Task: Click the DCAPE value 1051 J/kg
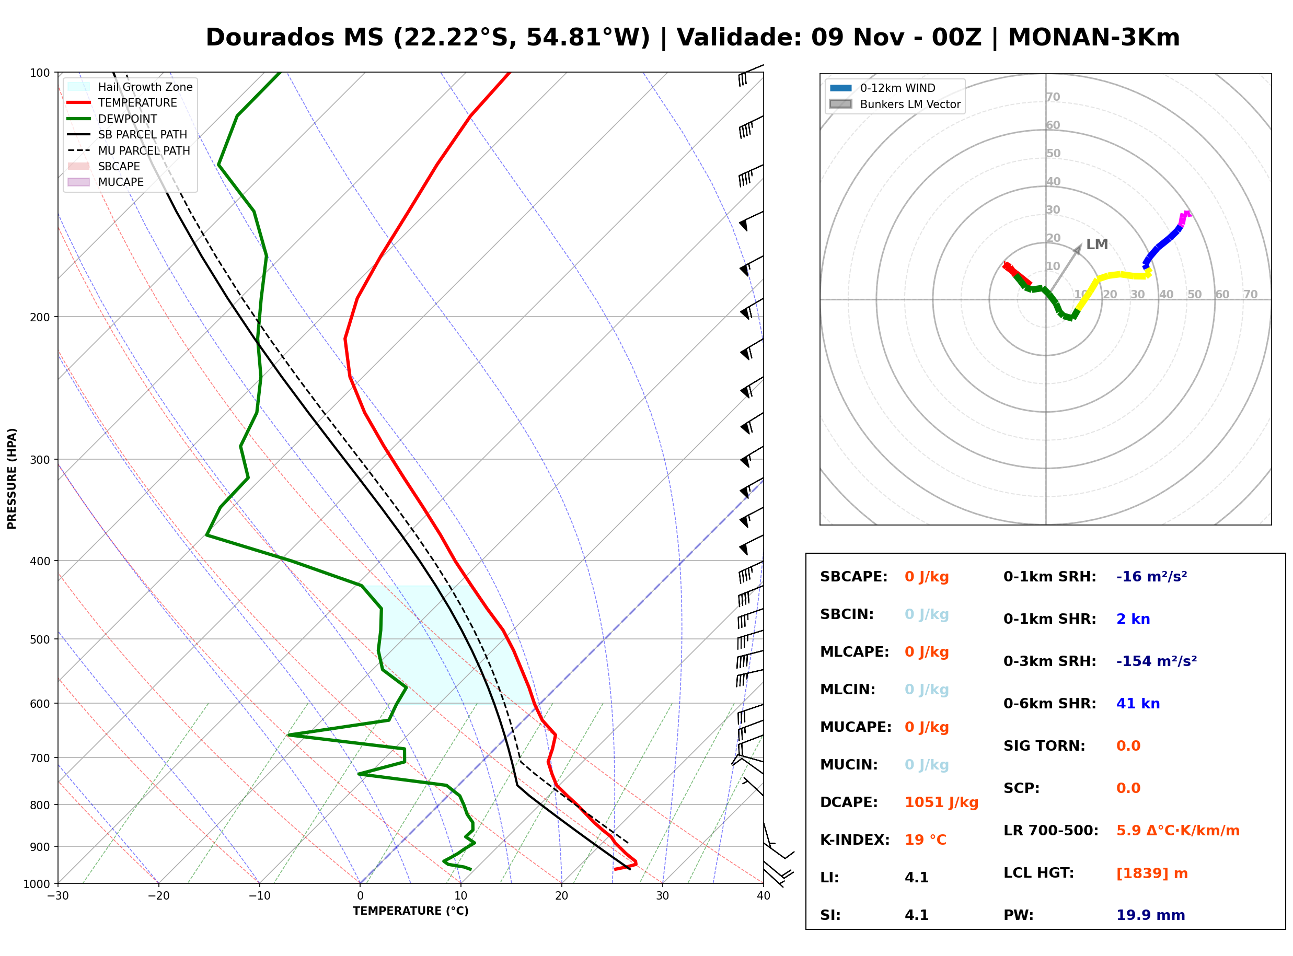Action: [x=941, y=802]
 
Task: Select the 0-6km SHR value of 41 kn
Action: [x=1138, y=704]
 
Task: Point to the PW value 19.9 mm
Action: [x=1151, y=915]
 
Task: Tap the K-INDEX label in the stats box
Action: [x=855, y=840]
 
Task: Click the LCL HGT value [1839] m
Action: [x=1152, y=874]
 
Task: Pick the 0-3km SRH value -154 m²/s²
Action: [x=1157, y=661]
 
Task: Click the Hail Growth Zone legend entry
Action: [x=130, y=87]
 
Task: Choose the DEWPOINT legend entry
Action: [x=112, y=119]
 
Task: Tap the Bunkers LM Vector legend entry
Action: [x=895, y=104]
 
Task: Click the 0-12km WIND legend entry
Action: [x=883, y=88]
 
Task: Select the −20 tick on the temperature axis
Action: [x=158, y=896]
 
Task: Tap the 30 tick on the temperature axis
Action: [x=663, y=896]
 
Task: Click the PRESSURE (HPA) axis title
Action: [x=12, y=479]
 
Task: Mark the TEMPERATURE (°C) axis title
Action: [x=411, y=911]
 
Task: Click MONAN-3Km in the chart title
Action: [x=1094, y=38]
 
